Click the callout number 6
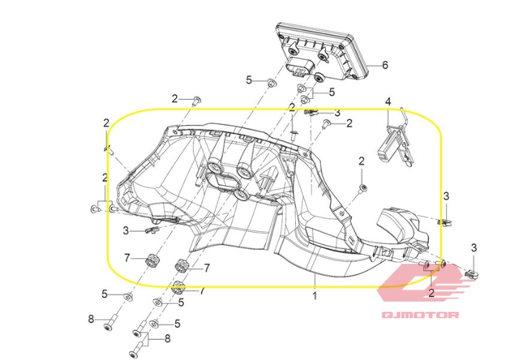[385, 65]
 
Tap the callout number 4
[388, 102]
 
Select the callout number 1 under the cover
[315, 296]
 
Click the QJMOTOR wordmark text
[421, 315]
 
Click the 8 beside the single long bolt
[91, 320]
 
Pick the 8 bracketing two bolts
[168, 338]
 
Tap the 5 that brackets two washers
[331, 92]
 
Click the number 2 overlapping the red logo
[431, 292]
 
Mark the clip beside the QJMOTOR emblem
[472, 274]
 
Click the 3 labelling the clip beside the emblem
[474, 248]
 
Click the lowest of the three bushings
[180, 288]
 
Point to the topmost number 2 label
[175, 98]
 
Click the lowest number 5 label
[178, 324]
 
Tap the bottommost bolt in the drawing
[139, 348]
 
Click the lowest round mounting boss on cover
[242, 194]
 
